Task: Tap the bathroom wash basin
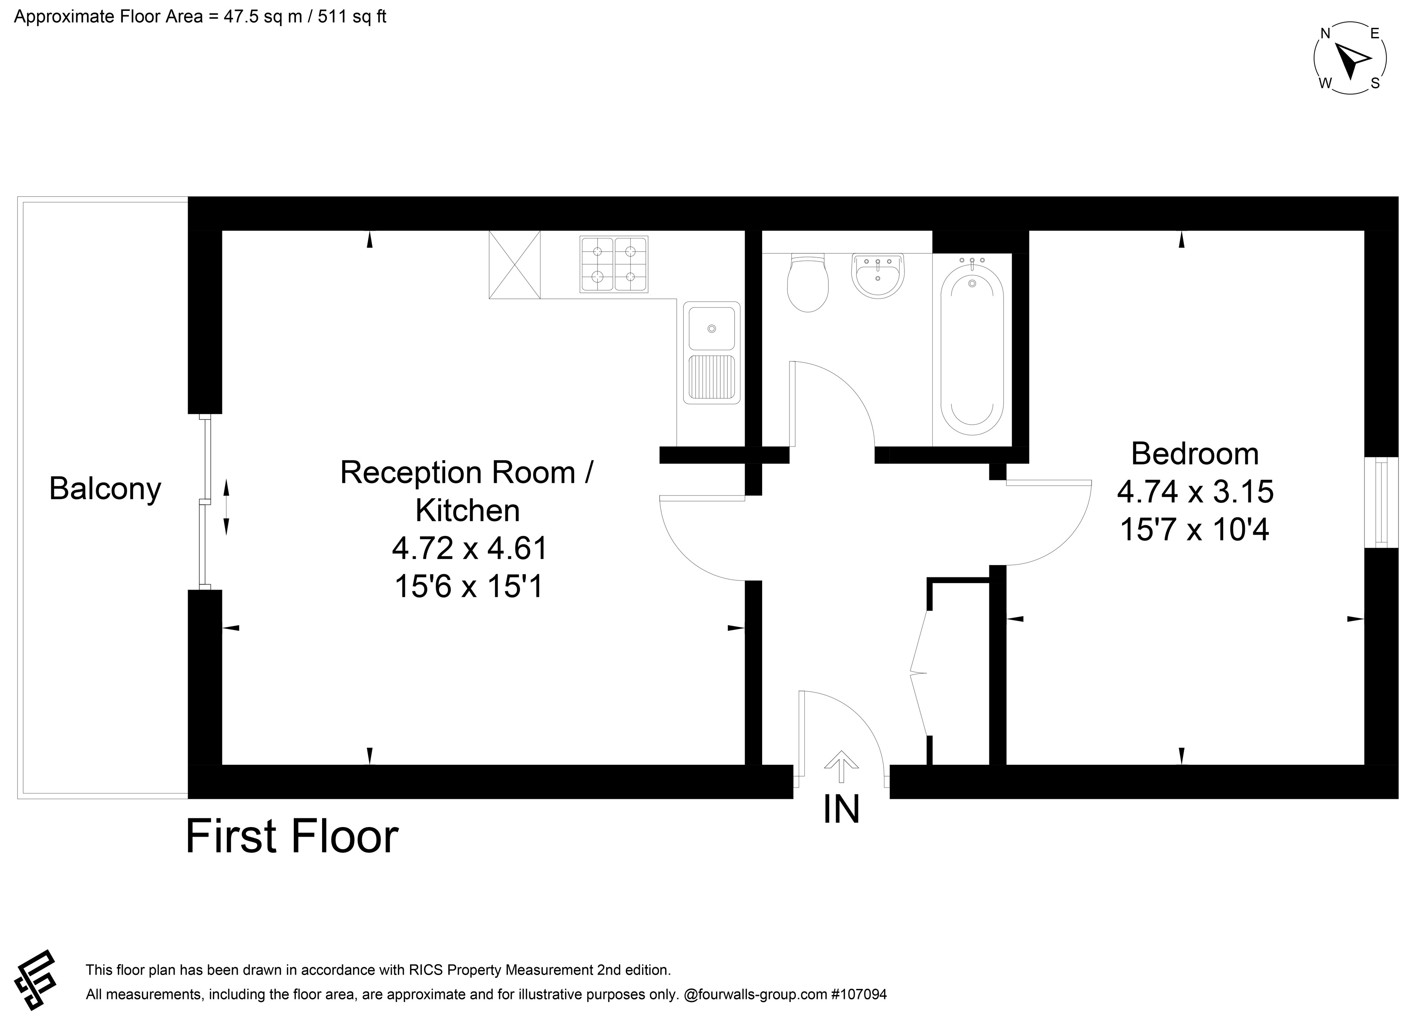878,275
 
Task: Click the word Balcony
105,489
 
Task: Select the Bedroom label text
1195,454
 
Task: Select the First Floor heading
292,837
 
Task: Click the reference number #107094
859,995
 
